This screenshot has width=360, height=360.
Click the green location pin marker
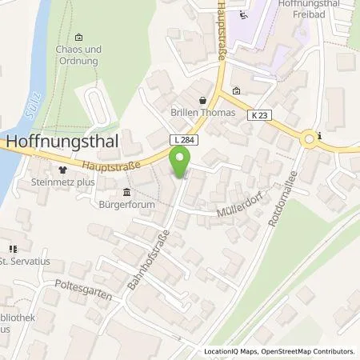(181, 162)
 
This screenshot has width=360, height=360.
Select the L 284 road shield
(180, 140)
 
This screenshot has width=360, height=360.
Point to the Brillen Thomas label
(202, 113)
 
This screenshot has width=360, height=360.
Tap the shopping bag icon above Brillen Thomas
(202, 100)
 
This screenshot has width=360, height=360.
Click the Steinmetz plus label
(62, 182)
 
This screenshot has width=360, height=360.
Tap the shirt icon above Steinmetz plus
(62, 170)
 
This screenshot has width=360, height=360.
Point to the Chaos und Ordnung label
(78, 54)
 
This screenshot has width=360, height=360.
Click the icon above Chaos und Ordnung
(78, 37)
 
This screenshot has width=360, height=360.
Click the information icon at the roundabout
(318, 137)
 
